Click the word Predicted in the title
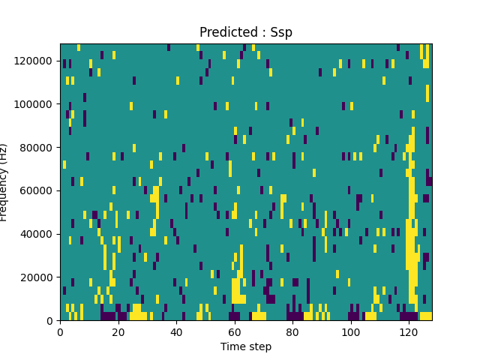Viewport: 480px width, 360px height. point(224,33)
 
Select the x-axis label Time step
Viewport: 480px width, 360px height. point(246,346)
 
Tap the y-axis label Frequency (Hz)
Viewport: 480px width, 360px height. point(4,182)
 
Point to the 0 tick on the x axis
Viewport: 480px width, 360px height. point(60,332)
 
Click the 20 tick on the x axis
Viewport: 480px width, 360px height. point(118,332)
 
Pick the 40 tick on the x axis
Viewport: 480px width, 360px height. point(176,332)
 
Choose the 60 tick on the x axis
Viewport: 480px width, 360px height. point(234,332)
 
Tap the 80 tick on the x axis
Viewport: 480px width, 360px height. point(292,332)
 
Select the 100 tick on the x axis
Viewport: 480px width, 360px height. point(350,332)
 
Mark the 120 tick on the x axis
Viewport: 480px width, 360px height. point(409,332)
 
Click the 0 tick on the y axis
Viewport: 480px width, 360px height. point(49,321)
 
